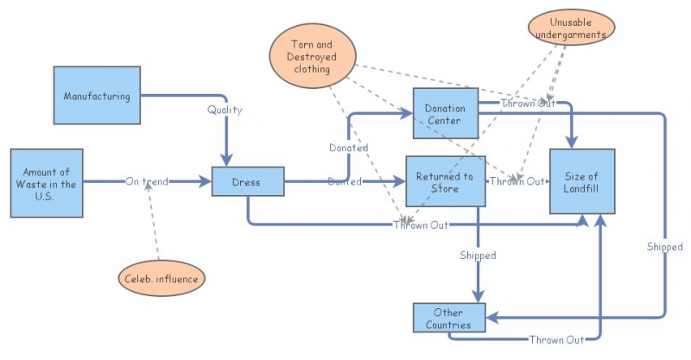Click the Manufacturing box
pos(97,96)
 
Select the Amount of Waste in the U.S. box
pos(47,184)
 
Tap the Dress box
pos(248,181)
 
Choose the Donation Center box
pos(445,112)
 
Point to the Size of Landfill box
pos(583,181)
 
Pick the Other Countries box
pos(448,319)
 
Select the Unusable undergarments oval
pos(571,28)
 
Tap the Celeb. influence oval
pos(162,278)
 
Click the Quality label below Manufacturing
pos(225,111)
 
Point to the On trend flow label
pos(147,181)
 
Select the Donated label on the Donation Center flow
pos(348,148)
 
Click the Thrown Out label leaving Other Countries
pos(556,340)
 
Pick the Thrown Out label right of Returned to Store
pos(517,181)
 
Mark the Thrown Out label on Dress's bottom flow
pos(421,225)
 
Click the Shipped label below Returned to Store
pos(478,256)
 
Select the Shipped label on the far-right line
pos(664,247)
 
